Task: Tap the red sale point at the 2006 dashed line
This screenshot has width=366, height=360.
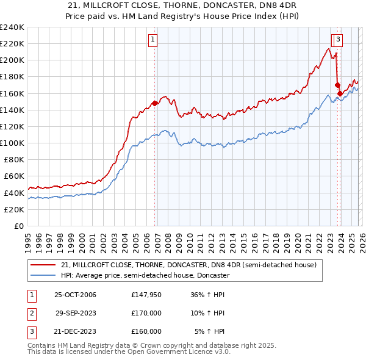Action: pos(155,103)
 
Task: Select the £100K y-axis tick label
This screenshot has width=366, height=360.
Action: pos(12,143)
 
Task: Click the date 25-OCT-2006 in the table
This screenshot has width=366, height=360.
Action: pos(76,295)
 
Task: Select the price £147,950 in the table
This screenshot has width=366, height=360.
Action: pos(146,295)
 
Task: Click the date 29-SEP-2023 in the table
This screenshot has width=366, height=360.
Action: pos(76,313)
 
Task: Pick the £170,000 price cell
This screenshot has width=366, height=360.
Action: pos(146,313)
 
